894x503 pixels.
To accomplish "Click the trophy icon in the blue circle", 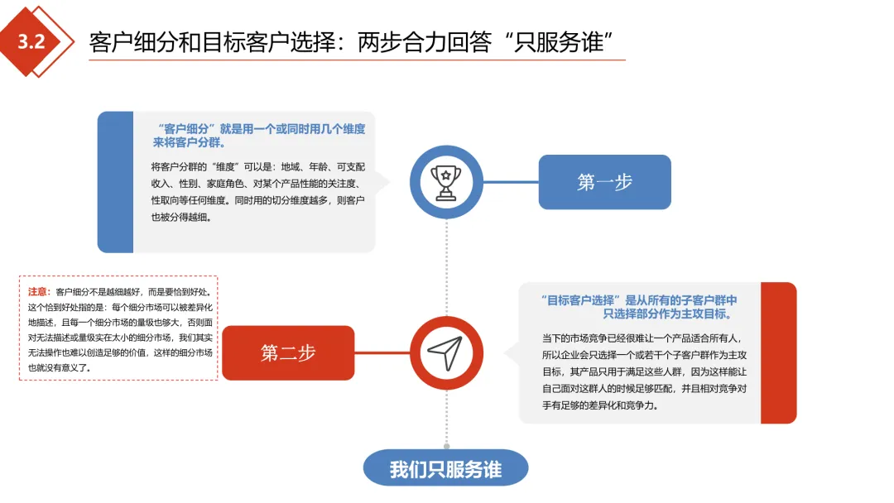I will (x=446, y=181).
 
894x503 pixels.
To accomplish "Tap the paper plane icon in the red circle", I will (x=446, y=353).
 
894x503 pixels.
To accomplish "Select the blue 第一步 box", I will (x=604, y=182).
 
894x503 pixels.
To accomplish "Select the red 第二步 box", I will (x=288, y=353).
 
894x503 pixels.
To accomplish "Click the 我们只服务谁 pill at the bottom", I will (x=445, y=469).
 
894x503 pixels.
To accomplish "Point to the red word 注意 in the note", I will (x=39, y=292).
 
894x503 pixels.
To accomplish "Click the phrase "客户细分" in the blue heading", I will (x=185, y=129).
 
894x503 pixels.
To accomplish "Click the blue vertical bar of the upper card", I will (x=115, y=182).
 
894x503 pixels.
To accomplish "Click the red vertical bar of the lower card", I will (x=778, y=353).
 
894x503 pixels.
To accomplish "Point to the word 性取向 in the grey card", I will (x=164, y=201).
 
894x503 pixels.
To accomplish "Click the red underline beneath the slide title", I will (x=357, y=60).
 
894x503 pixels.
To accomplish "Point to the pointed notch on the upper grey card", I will (x=383, y=182).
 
